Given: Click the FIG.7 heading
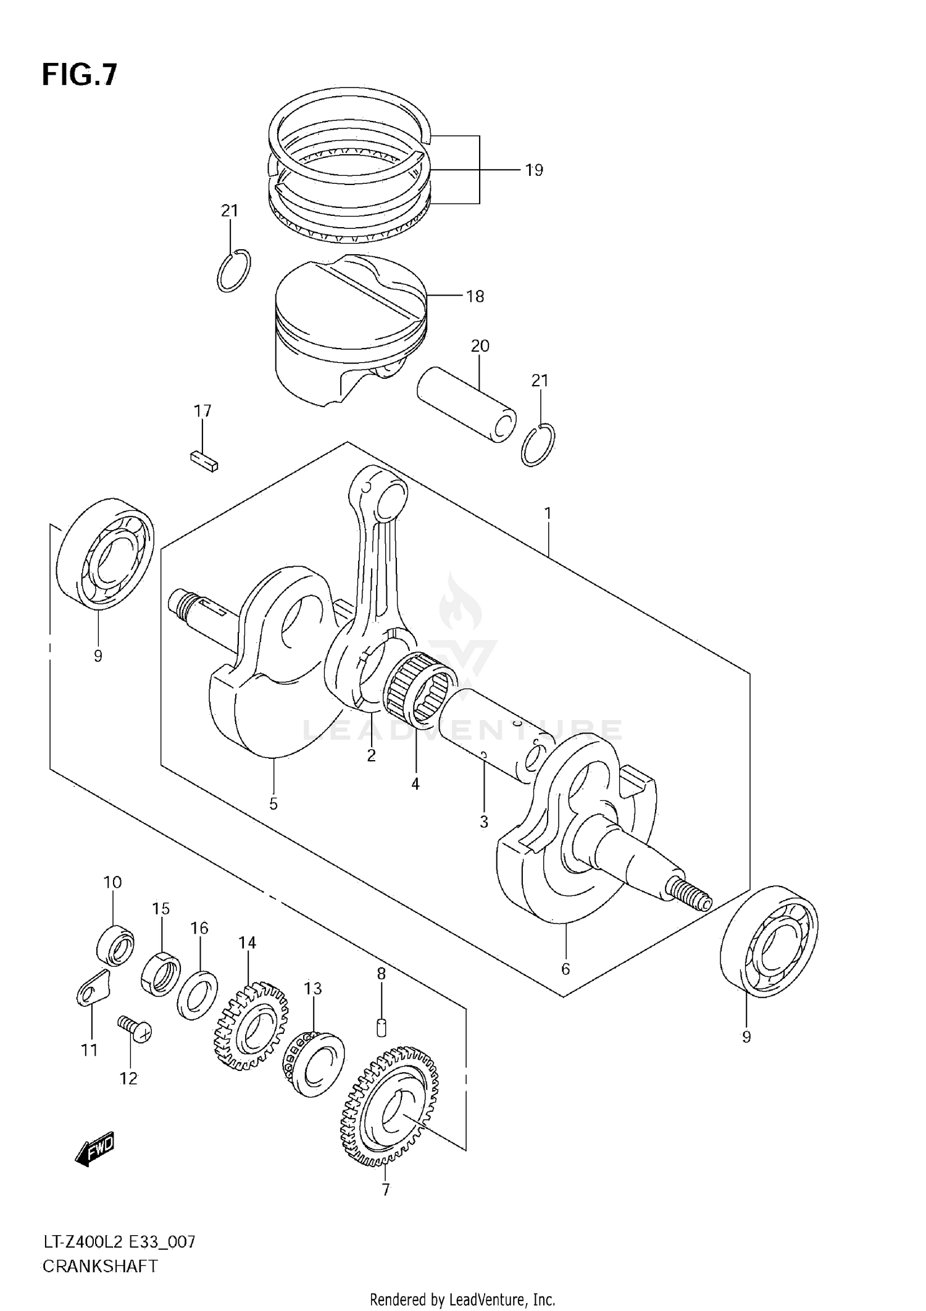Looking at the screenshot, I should (x=79, y=75).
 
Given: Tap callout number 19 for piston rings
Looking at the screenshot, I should (x=533, y=170).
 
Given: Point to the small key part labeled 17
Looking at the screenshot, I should (x=203, y=460).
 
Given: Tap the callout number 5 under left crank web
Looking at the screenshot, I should (x=273, y=804).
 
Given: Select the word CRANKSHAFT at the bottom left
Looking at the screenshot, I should (x=100, y=1267).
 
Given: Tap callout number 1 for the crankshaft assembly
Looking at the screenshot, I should (x=548, y=513).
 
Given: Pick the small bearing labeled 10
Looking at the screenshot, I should (x=115, y=946).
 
